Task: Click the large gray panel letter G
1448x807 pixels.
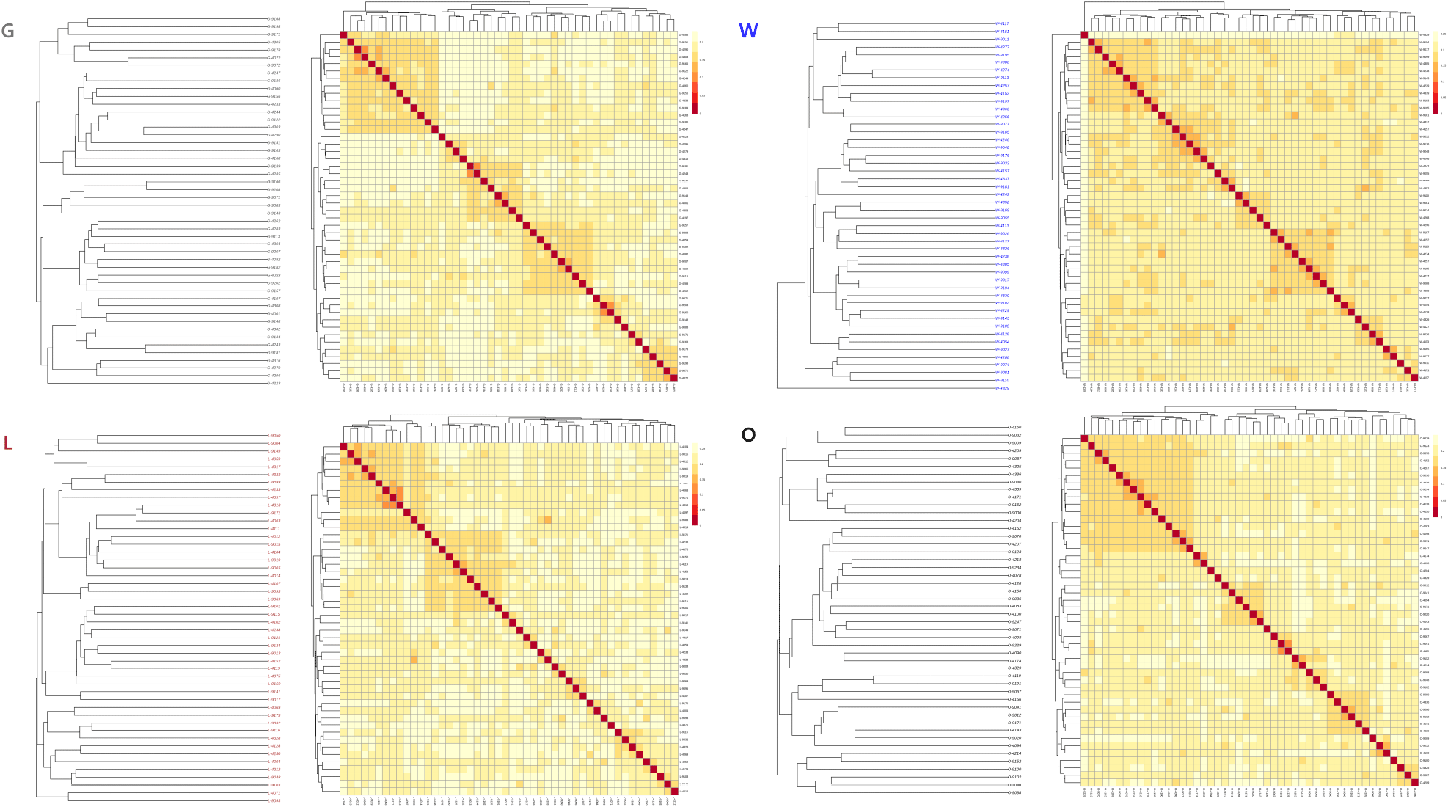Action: click(x=8, y=31)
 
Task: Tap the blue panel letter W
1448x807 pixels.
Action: click(x=748, y=31)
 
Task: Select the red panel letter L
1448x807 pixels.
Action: click(x=8, y=443)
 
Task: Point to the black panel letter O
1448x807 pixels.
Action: click(x=748, y=435)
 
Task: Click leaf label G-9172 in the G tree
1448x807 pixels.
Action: click(x=274, y=34)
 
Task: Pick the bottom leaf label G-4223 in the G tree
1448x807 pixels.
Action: click(x=274, y=383)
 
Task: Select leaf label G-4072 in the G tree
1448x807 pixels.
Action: click(x=274, y=58)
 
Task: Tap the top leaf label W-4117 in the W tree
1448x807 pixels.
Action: click(x=1002, y=23)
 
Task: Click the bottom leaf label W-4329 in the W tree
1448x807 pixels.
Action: click(x=1002, y=388)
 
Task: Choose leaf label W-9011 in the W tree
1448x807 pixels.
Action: click(x=1002, y=40)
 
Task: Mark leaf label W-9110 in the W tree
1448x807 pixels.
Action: click(x=1002, y=380)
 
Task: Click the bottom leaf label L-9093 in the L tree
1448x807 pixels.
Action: click(x=274, y=800)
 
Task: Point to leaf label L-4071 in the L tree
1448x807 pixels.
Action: click(x=274, y=793)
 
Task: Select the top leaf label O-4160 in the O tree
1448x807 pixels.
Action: click(x=1014, y=427)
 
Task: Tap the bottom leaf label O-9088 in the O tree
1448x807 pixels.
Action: click(x=1014, y=792)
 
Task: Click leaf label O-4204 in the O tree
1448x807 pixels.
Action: click(x=1014, y=520)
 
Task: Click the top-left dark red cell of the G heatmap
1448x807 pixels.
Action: click(x=344, y=34)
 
